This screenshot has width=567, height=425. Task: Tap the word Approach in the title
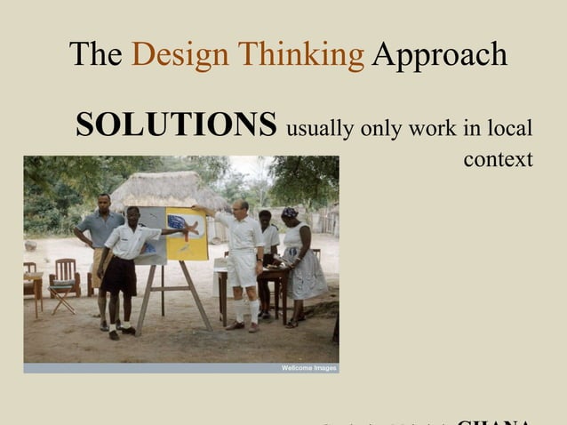tap(439, 55)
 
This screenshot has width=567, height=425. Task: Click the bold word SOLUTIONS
tap(176, 125)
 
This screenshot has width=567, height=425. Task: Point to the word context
tap(498, 159)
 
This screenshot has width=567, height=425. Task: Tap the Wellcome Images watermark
tap(308, 367)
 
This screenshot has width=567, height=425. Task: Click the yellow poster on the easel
tap(187, 232)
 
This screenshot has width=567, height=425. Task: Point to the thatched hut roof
tap(165, 188)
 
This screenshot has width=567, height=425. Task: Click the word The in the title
tap(95, 55)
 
